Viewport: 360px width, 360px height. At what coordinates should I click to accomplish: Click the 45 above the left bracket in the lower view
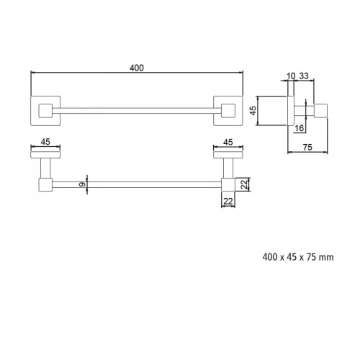[45, 142]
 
